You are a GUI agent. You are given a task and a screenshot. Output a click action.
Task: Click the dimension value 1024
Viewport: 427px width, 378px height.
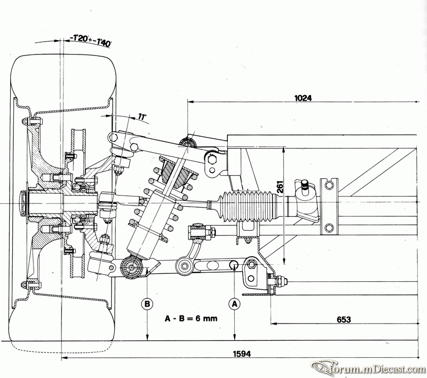[x=303, y=98]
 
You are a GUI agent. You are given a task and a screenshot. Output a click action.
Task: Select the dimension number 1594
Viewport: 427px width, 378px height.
[x=242, y=353]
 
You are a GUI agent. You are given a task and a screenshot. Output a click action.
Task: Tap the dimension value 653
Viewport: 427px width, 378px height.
[x=344, y=319]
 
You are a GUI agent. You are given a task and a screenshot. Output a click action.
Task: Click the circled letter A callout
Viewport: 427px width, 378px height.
[x=234, y=304]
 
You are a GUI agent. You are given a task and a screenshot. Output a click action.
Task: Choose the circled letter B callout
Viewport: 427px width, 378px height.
[x=147, y=304]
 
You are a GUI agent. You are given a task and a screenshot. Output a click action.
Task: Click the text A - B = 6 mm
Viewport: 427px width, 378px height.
[x=191, y=318]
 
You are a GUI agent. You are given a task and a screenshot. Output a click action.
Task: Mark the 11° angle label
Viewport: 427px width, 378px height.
[x=142, y=117]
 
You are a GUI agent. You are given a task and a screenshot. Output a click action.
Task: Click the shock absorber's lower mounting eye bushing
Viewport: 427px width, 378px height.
[x=132, y=267]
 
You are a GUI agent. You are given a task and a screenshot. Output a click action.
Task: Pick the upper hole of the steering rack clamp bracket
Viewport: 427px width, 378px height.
[x=329, y=185]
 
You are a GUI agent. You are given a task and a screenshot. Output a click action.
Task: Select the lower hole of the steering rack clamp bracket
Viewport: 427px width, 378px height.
[x=329, y=227]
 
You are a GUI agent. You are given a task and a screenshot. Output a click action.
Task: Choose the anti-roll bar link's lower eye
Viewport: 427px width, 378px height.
[x=183, y=264]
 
